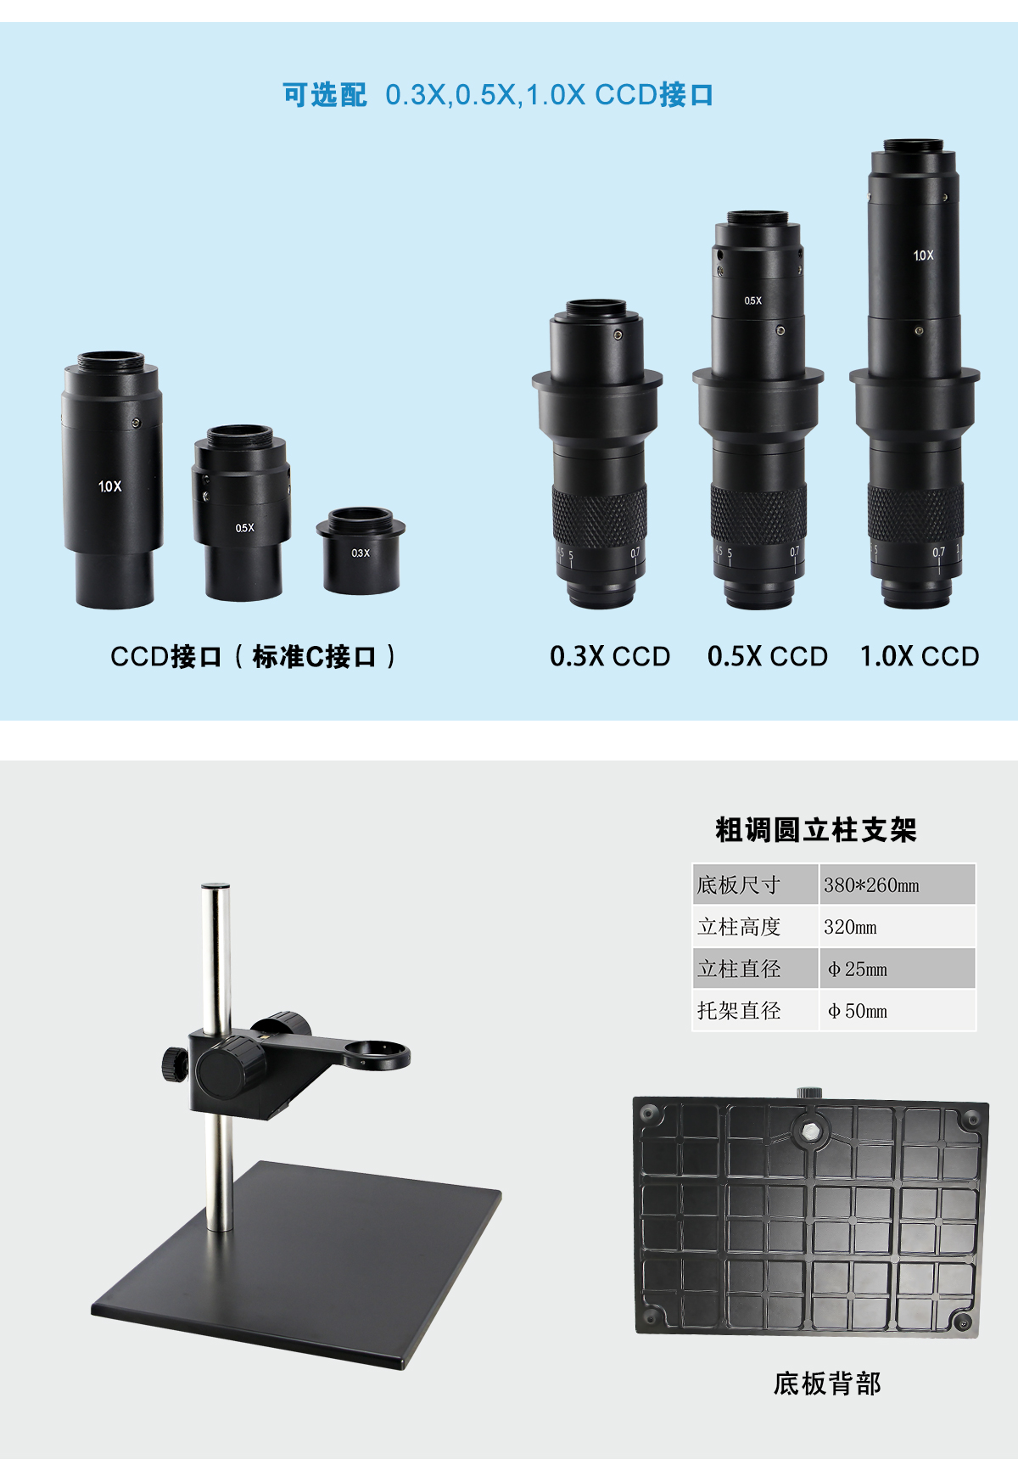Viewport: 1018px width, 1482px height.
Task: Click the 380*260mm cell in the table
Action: (871, 885)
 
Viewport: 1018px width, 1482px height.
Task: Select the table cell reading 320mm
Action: (850, 927)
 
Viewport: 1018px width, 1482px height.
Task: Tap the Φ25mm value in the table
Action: (858, 969)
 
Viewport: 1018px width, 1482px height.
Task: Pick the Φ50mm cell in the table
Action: (858, 1011)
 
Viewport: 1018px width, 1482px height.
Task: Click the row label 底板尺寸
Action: (738, 885)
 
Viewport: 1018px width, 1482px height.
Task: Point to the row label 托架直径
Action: (738, 1011)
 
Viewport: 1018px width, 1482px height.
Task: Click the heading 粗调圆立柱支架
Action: (816, 830)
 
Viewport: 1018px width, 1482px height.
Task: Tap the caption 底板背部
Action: (827, 1384)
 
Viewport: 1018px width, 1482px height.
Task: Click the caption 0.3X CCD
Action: (610, 656)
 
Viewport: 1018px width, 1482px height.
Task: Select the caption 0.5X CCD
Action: (768, 656)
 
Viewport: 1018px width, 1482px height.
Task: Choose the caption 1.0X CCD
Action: (920, 656)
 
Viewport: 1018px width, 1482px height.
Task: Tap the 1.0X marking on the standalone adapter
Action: (109, 486)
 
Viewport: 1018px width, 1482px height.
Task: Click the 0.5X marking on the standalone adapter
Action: (244, 528)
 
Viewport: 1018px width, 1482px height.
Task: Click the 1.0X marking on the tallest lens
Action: (923, 255)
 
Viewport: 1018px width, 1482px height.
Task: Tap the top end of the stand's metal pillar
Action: (216, 887)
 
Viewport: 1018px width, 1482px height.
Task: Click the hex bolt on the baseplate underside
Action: (810, 1130)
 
